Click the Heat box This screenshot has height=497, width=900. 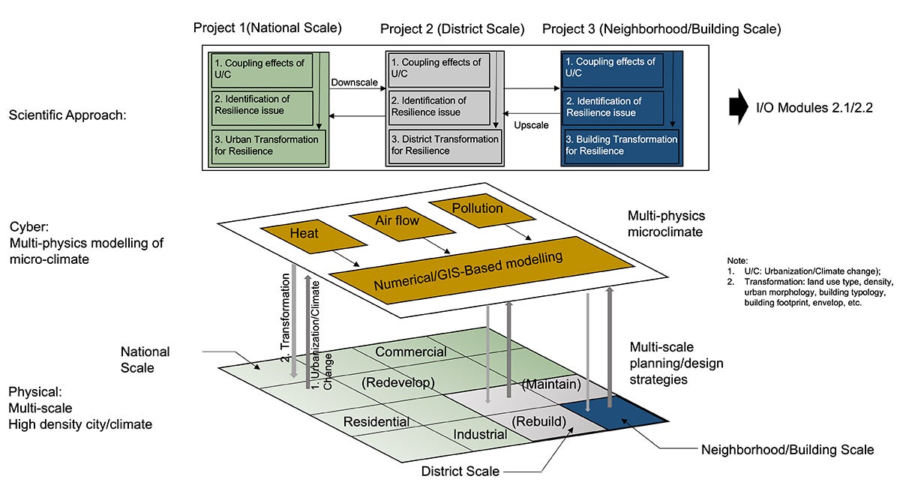tap(304, 233)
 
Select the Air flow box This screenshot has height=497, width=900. tap(396, 221)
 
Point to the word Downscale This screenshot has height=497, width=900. tap(353, 80)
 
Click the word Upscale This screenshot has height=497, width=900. tap(531, 124)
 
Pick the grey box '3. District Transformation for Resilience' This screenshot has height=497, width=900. tap(445, 145)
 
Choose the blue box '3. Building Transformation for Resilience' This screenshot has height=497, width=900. tap(621, 145)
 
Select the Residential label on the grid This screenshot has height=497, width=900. tap(376, 422)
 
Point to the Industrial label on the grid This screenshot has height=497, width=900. tap(480, 434)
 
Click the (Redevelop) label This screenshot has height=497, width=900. tap(398, 382)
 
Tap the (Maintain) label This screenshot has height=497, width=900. tap(551, 384)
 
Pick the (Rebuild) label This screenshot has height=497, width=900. tap(538, 421)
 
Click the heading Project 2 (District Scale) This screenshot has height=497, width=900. tap(452, 29)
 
